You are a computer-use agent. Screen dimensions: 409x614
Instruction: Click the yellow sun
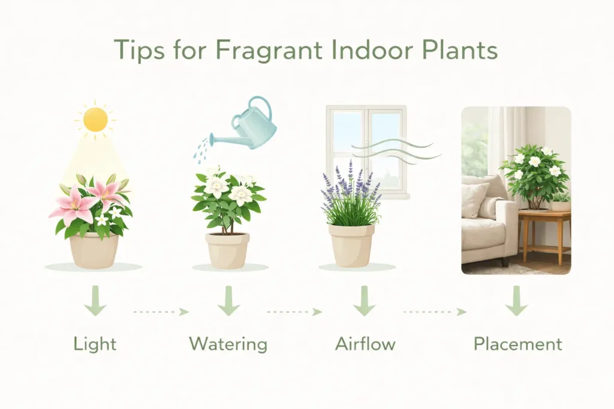click(x=95, y=119)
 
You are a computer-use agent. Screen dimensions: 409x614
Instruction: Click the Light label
click(x=95, y=344)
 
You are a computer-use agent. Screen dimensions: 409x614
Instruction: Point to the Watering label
click(x=228, y=344)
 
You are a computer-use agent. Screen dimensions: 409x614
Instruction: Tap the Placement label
click(x=517, y=344)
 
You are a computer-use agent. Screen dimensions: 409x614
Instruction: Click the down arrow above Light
click(x=95, y=302)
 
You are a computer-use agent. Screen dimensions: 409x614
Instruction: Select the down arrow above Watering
click(x=228, y=302)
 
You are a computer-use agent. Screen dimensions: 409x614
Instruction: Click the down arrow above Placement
click(x=516, y=302)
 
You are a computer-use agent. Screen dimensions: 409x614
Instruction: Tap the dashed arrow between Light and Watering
click(x=161, y=312)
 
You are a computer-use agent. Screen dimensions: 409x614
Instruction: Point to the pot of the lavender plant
click(x=351, y=244)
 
